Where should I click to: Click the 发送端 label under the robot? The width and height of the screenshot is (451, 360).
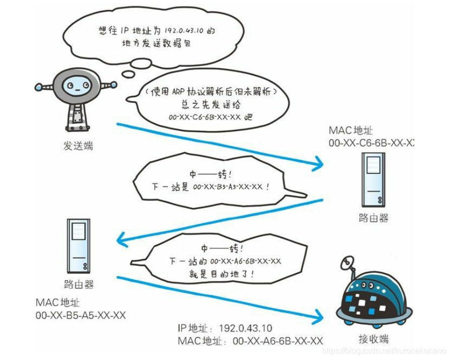[78, 147]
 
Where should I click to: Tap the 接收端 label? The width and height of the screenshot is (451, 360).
[373, 338]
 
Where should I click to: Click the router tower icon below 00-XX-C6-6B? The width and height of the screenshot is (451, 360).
[373, 179]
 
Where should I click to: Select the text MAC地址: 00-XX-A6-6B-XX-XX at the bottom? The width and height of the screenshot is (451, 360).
[250, 341]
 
